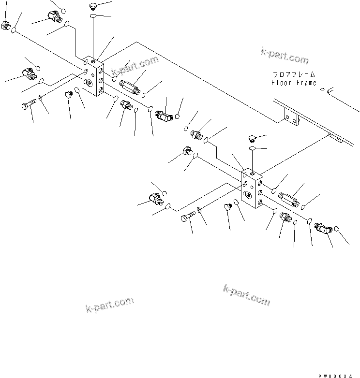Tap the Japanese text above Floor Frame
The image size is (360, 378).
click(x=293, y=74)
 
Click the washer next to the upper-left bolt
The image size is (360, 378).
click(x=40, y=99)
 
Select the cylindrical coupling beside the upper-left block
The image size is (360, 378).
click(x=130, y=87)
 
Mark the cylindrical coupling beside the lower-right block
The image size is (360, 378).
click(x=289, y=199)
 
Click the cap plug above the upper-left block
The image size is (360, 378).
click(x=93, y=6)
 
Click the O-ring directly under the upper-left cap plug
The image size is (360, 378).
click(x=93, y=17)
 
